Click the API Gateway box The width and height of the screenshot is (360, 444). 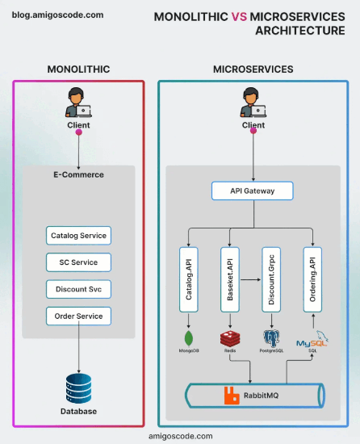point(253,191)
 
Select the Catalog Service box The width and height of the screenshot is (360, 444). point(78,236)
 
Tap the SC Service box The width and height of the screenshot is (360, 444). point(78,262)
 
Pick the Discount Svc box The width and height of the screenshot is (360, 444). point(78,289)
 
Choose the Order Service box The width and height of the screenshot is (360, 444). point(78,316)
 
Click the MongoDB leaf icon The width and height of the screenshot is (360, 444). point(189,337)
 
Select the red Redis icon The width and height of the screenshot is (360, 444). point(230,337)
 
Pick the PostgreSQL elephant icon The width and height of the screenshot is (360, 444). point(271,337)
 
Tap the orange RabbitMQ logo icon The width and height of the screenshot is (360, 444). point(231,396)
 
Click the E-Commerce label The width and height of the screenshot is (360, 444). point(78,174)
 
